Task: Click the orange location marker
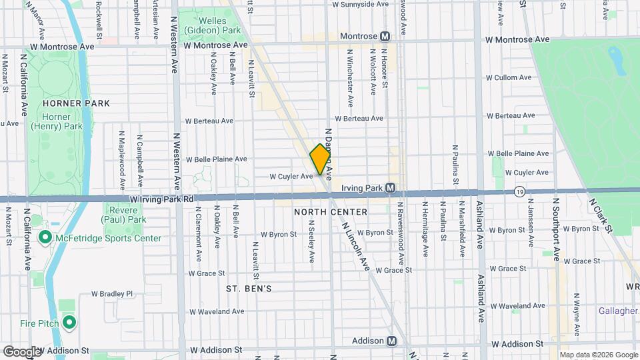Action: click(x=320, y=159)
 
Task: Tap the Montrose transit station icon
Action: click(x=385, y=35)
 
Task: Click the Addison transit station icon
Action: click(x=392, y=341)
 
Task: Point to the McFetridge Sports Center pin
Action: click(x=45, y=238)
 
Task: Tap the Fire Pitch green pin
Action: click(x=69, y=323)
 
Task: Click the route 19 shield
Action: click(x=519, y=191)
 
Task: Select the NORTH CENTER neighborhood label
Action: click(x=330, y=212)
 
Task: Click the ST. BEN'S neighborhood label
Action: click(x=249, y=289)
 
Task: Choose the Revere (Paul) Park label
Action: click(x=123, y=214)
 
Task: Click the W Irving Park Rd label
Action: click(x=161, y=199)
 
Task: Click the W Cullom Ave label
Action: click(x=508, y=78)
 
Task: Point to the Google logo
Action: click(x=22, y=351)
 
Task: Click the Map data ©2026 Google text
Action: click(x=598, y=354)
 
